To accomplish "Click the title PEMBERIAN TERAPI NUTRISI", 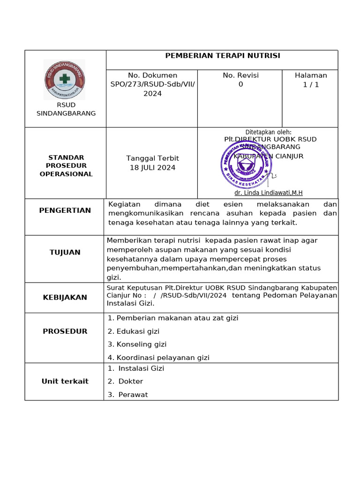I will (x=222, y=56).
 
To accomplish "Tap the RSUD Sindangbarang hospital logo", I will (x=65, y=79).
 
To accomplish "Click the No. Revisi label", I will (x=240, y=75).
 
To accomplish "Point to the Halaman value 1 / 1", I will (x=311, y=85).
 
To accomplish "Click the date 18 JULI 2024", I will (x=152, y=168).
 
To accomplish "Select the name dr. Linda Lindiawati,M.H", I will (x=268, y=193).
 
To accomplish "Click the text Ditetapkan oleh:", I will (x=268, y=132).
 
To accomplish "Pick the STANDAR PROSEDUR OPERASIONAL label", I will (x=66, y=166).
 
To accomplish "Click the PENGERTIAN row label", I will (x=65, y=210).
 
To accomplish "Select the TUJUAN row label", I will (x=65, y=252).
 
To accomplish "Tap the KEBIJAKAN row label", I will (x=65, y=297).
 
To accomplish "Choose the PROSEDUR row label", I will (x=65, y=331).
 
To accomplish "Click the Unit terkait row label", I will (x=65, y=382).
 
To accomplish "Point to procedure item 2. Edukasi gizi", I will (x=134, y=331).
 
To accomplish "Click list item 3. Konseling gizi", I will (x=137, y=345).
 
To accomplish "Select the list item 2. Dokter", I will (x=125, y=382).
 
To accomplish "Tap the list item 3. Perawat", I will (x=127, y=395).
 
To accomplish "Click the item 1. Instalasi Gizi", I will (x=136, y=368).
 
